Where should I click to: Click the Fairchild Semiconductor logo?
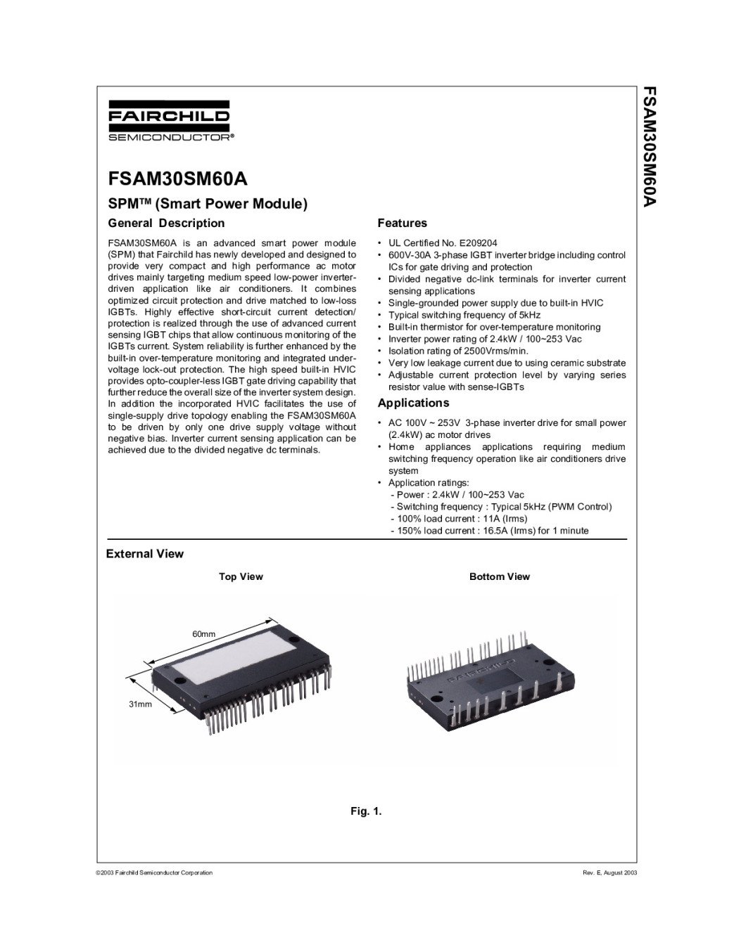(x=169, y=123)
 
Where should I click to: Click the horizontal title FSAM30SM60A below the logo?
(x=177, y=179)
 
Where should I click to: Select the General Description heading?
(x=166, y=224)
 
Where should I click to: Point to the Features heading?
(x=402, y=224)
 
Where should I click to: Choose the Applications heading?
(x=413, y=404)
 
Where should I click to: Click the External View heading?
(x=144, y=554)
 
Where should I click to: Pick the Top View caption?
(x=241, y=577)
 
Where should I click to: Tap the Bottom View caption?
(x=499, y=577)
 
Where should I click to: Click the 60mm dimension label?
(x=204, y=634)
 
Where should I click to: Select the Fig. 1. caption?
(x=366, y=812)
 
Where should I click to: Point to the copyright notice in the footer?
(x=154, y=873)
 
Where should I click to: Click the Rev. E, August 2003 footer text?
(x=609, y=873)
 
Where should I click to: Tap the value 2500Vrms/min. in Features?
(x=492, y=351)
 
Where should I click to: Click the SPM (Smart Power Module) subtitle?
(x=208, y=205)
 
